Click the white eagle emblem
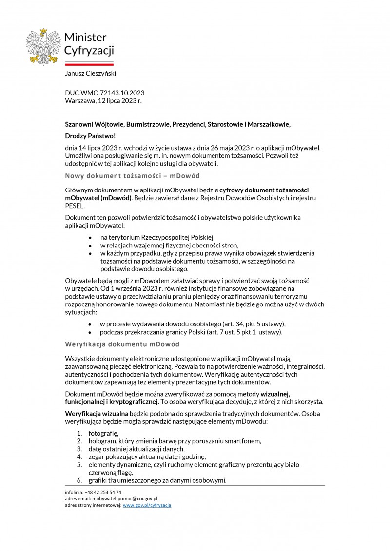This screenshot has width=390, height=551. [44, 47]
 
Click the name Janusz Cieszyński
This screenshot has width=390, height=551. [91, 73]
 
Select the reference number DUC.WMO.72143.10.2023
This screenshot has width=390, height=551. [104, 93]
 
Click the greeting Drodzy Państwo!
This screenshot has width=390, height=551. [90, 136]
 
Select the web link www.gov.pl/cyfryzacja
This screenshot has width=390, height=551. [147, 505]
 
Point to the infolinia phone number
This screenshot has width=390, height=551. [103, 492]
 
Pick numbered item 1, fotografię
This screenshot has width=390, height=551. [103, 433]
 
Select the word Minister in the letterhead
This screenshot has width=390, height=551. [85, 37]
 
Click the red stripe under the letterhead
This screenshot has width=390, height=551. [89, 64]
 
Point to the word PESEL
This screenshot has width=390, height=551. [75, 206]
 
